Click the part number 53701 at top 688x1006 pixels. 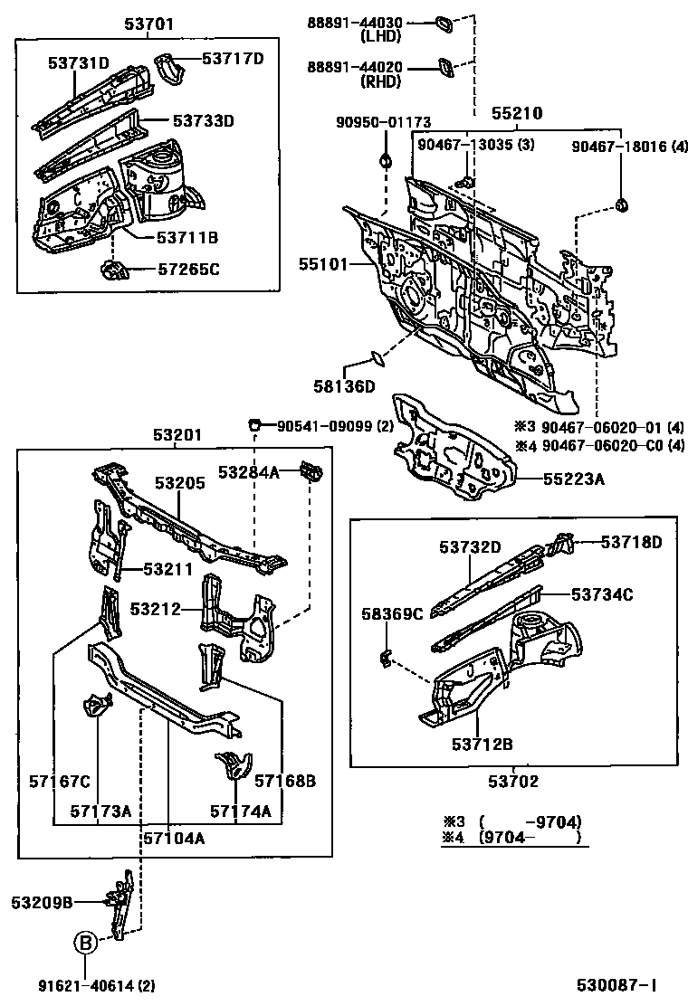point(149,24)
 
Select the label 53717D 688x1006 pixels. point(232,59)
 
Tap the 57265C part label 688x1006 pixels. point(188,270)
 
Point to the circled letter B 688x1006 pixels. point(84,943)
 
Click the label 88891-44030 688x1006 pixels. point(355,22)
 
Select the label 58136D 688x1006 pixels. point(344,387)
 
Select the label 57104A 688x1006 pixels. point(174,838)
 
